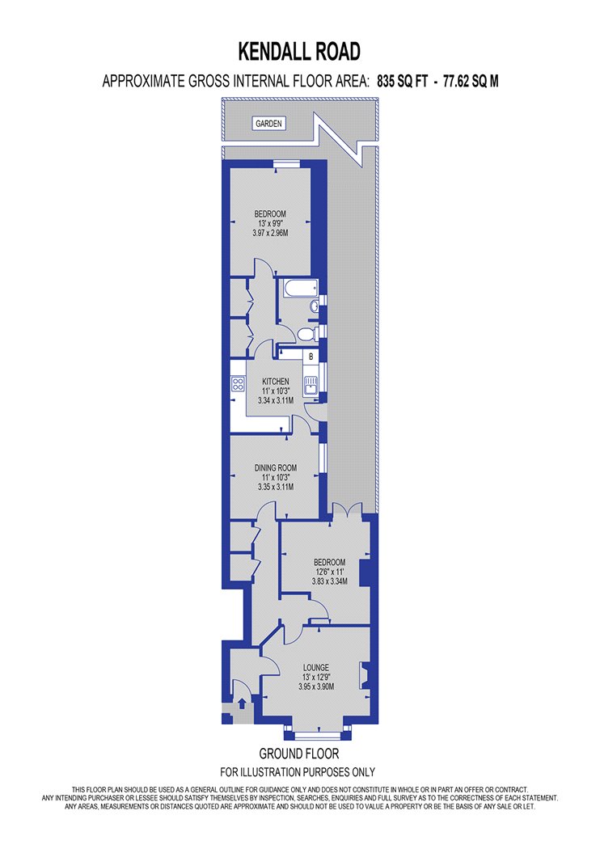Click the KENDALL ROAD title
click(x=299, y=52)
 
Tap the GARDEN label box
click(x=268, y=124)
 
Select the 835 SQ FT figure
click(x=403, y=81)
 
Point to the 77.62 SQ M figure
click(x=471, y=81)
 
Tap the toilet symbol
click(x=306, y=334)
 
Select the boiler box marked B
click(x=311, y=357)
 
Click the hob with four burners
click(x=238, y=384)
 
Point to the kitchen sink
click(x=311, y=384)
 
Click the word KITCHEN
click(x=276, y=381)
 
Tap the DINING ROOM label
click(x=276, y=467)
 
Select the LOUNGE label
click(x=316, y=667)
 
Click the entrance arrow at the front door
click(x=242, y=703)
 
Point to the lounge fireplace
click(x=365, y=674)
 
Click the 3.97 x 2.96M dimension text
click(x=270, y=234)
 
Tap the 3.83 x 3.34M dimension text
click(x=329, y=581)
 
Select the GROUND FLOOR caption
click(x=299, y=753)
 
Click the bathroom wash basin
click(x=315, y=306)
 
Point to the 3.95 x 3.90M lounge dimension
click(x=316, y=686)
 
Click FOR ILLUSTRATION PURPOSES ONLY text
click(x=298, y=771)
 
